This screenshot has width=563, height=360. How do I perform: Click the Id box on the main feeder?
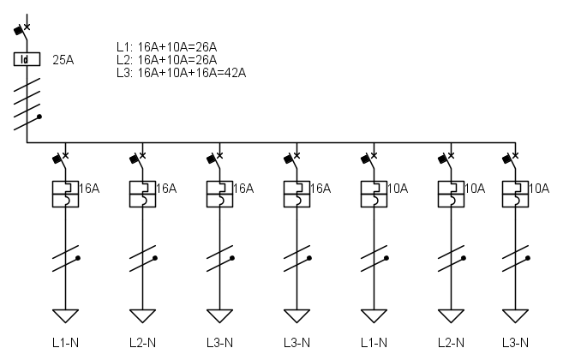coord(27,59)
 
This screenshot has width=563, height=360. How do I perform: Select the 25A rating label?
coord(63,60)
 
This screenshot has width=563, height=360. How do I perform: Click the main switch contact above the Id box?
coord(22,30)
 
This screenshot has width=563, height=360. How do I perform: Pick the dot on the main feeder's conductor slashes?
coord(39,117)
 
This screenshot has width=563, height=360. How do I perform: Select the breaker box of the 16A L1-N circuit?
coord(65,194)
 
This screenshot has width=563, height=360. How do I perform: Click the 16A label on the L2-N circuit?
coord(166,189)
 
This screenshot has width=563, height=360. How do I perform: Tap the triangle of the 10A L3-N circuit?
coord(515,315)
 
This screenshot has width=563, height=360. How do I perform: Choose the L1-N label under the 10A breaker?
coord(374,343)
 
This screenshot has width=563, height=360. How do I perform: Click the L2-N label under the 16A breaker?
coord(142,343)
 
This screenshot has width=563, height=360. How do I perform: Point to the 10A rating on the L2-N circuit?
coord(475,189)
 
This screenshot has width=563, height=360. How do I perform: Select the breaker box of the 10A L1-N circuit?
coord(374,194)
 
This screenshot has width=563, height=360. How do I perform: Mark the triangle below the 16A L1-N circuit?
coord(65,315)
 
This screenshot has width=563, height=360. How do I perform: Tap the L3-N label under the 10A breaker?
coord(515,343)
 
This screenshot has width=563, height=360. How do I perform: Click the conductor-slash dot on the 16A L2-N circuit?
coord(155,258)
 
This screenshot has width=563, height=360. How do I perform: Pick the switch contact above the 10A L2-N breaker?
coord(446,159)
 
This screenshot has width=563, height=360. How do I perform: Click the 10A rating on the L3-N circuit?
coord(539,189)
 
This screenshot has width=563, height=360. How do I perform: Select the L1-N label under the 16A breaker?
coord(65,343)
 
